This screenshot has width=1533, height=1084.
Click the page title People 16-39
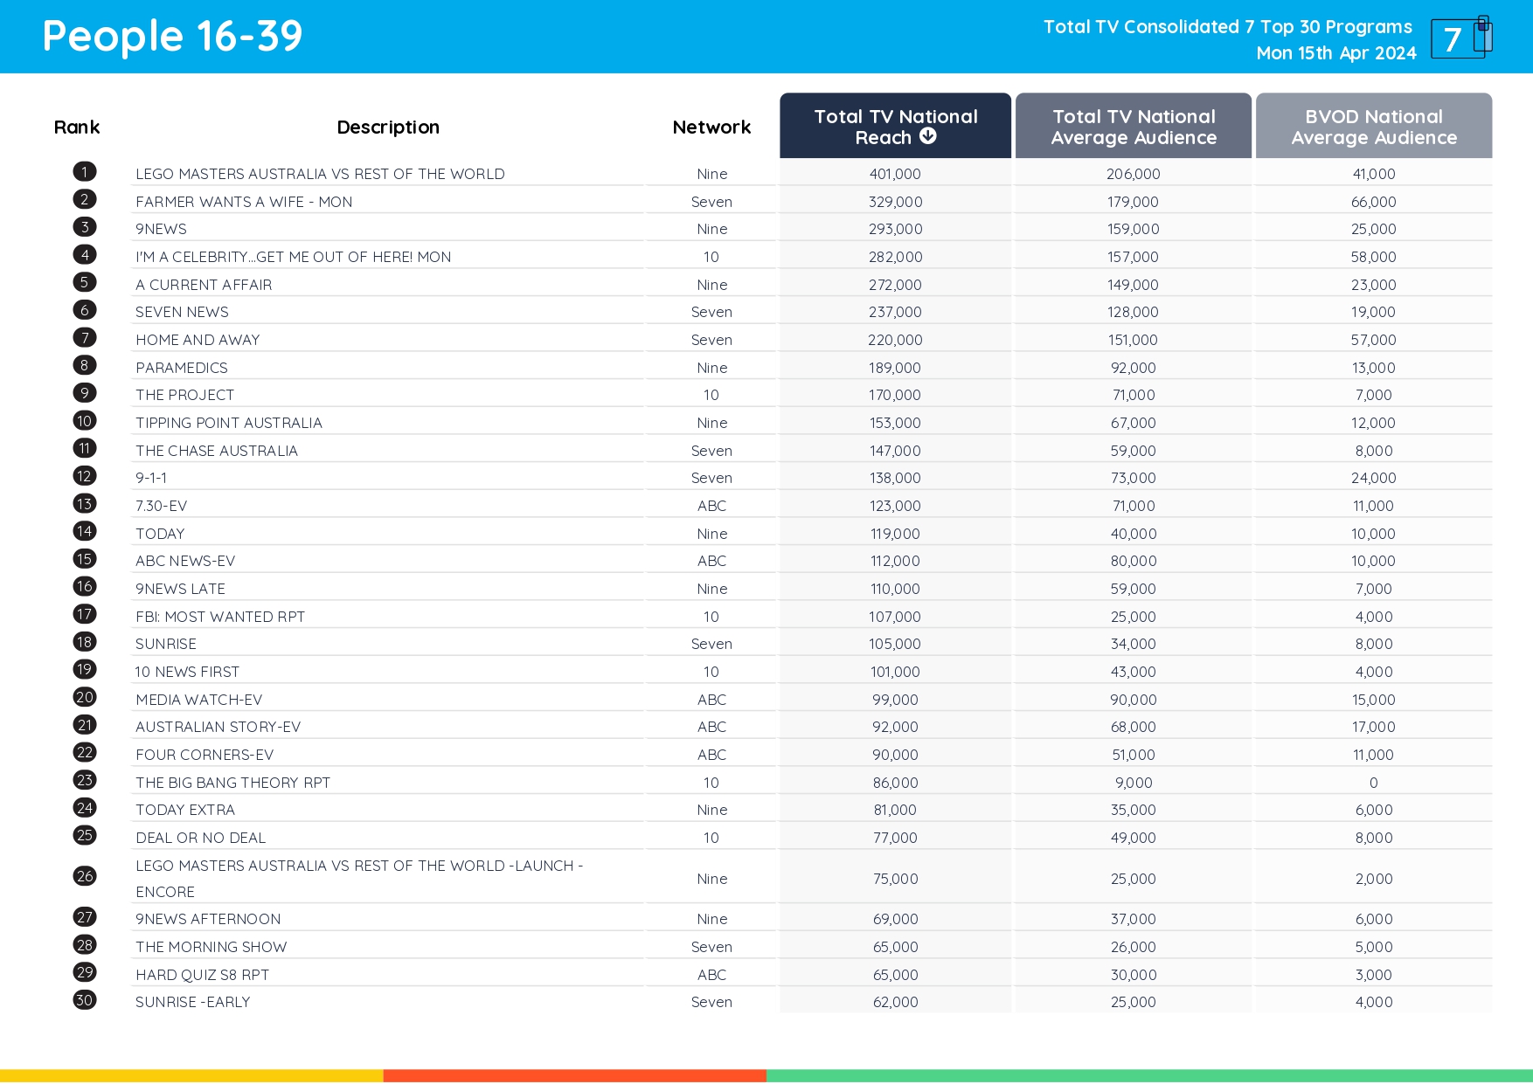(172, 37)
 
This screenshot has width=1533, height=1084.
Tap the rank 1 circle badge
(85, 172)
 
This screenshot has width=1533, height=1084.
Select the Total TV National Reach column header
(895, 127)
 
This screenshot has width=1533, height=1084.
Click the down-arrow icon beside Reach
(928, 136)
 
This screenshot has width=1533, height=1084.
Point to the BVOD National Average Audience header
(1373, 127)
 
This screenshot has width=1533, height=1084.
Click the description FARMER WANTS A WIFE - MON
(244, 202)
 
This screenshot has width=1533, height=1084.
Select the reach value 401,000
(895, 174)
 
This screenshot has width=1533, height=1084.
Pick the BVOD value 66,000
(1373, 202)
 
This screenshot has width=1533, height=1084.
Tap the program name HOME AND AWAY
(198, 340)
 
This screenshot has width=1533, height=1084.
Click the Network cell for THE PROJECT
(711, 395)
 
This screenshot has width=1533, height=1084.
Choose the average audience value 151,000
(1133, 340)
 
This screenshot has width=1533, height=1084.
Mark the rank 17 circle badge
(85, 614)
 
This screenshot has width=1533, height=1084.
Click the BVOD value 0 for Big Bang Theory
(1373, 783)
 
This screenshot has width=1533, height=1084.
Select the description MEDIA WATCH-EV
(198, 700)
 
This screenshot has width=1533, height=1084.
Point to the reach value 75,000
(895, 879)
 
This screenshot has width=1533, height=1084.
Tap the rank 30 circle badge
(85, 1000)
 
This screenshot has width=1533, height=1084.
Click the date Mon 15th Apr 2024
(1335, 53)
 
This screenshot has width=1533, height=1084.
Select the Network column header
(711, 128)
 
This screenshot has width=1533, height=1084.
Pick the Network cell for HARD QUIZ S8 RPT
(711, 975)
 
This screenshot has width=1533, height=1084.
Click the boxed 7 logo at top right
(1460, 38)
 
